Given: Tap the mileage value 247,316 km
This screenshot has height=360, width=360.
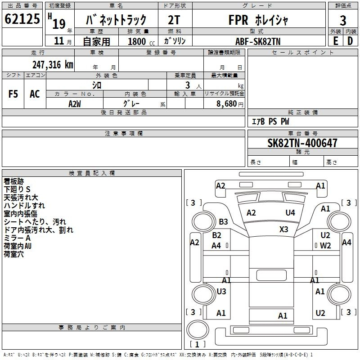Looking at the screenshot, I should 53,64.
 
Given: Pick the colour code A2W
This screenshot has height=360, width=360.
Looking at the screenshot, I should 75,103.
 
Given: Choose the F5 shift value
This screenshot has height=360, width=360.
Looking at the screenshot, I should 13,94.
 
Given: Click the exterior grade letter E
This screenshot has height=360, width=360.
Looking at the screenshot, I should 335,40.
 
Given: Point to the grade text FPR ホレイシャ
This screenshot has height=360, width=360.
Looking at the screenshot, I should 258,20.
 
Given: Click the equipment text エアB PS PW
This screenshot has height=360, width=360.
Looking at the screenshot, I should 270,121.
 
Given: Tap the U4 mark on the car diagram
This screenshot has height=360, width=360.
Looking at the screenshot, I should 290,212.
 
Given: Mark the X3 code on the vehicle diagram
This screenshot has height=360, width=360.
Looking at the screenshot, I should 283,229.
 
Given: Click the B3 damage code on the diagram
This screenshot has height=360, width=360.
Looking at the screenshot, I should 223,221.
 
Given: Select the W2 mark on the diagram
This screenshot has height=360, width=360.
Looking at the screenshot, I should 325,245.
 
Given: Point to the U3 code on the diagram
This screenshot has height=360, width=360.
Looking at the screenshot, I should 221,291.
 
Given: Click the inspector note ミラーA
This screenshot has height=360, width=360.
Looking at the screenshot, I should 17,238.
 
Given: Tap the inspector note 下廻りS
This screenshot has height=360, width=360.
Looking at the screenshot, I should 17,189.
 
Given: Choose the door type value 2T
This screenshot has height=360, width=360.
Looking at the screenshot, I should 175,20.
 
